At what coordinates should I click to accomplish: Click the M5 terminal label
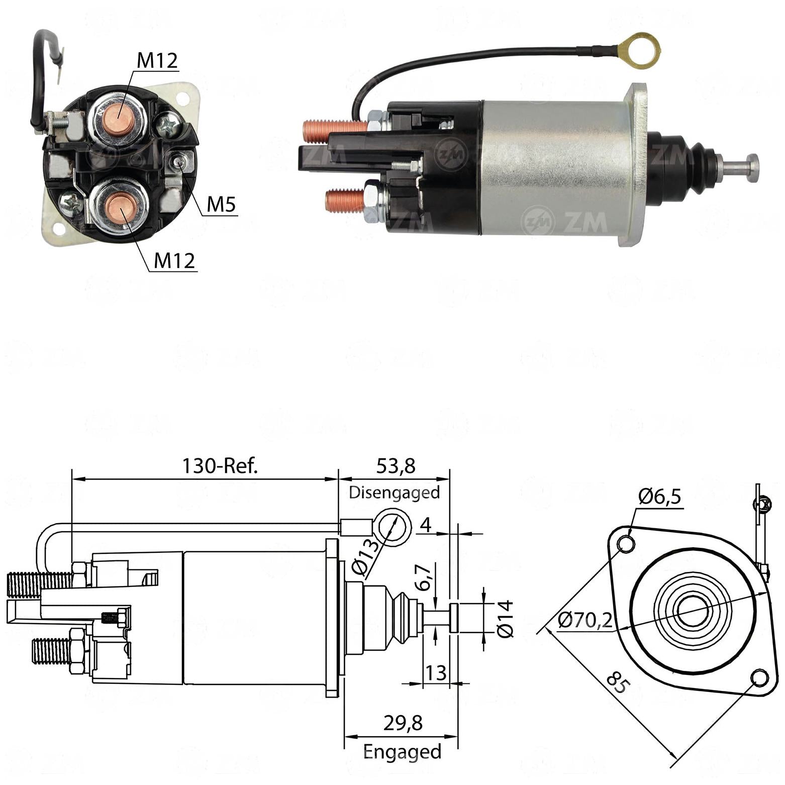pyautogui.click(x=221, y=205)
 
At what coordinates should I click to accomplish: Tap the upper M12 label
pyautogui.click(x=157, y=61)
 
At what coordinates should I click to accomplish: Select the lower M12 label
pyautogui.click(x=174, y=261)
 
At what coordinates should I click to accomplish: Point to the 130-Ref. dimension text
pyautogui.click(x=220, y=466)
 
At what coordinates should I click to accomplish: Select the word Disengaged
pyautogui.click(x=395, y=493)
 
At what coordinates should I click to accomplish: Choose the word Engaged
pyautogui.click(x=402, y=752)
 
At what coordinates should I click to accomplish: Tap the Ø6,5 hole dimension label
pyautogui.click(x=660, y=497)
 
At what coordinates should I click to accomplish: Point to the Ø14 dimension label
pyautogui.click(x=505, y=618)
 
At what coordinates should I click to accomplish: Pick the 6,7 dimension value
pyautogui.click(x=424, y=577)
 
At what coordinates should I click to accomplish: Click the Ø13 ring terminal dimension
pyautogui.click(x=365, y=557)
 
